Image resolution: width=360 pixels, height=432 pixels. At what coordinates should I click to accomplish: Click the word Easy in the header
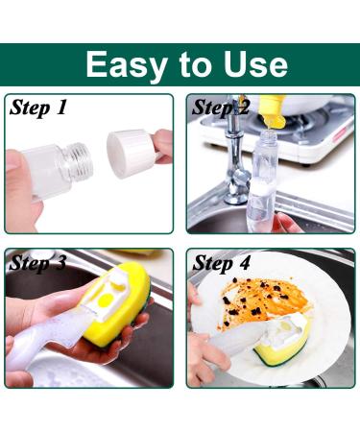128,64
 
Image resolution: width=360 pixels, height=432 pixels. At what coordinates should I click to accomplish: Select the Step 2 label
220,108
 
